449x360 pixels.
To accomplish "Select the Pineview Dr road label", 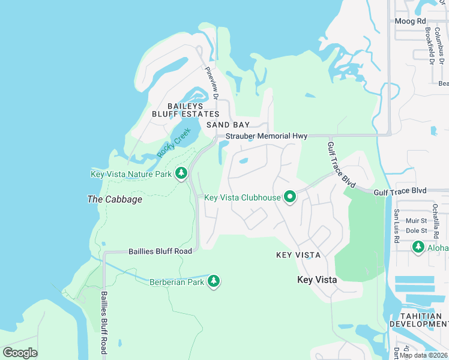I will [x=211, y=83].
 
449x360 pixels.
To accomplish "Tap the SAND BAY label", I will [x=228, y=125].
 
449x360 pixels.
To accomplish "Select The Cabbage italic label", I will [x=115, y=199].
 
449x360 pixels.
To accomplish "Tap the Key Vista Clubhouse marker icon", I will [x=290, y=197].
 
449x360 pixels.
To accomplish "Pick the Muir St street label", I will [x=416, y=221].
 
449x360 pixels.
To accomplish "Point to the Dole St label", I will [x=416, y=230].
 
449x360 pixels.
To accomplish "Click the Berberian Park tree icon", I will [x=213, y=281].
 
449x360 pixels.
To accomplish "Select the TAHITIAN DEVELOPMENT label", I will [x=418, y=319].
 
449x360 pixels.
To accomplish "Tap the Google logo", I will [x=20, y=352].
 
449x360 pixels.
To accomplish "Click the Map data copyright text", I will [x=424, y=355].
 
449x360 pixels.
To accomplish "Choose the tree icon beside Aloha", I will [x=418, y=247].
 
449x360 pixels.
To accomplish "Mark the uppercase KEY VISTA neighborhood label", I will [x=298, y=255].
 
